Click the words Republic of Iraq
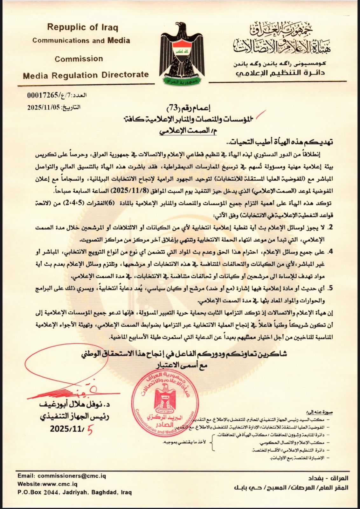click(x=83, y=27)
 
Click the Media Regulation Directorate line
click(x=86, y=75)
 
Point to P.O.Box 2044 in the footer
click(x=37, y=492)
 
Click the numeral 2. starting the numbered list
click(x=330, y=227)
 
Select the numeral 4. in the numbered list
click(x=330, y=252)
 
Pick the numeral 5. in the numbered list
click(x=330, y=288)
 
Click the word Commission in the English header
click(x=79, y=59)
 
